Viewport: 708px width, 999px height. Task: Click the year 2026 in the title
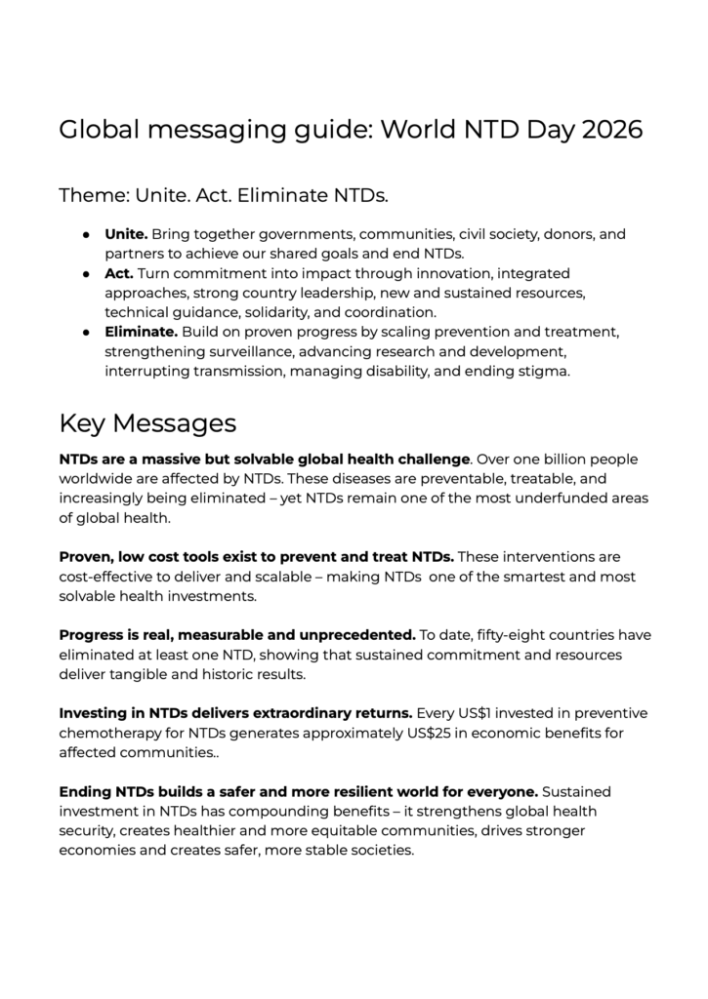[x=611, y=130]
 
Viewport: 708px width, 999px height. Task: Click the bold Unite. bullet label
[x=126, y=235]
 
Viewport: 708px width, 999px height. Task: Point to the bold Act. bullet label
[x=120, y=274]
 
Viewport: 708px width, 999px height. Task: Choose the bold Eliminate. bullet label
[x=141, y=333]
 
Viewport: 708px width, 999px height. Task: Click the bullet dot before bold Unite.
[x=86, y=235]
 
